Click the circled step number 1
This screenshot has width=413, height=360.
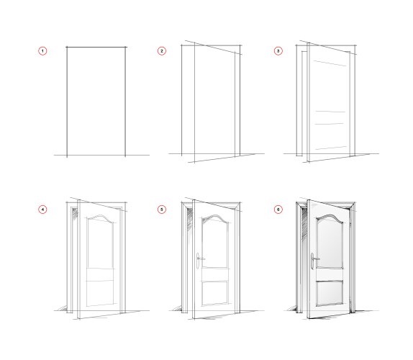pos(42,51)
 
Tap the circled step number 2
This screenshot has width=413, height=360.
pos(162,51)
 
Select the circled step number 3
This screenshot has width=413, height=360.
pos(278,51)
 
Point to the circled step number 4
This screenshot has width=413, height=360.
pos(42,210)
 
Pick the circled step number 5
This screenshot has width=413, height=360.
pos(162,210)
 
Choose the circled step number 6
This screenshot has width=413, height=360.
pos(278,210)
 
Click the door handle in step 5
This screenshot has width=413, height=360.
pos(199,261)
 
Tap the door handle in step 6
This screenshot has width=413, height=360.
pos(313,261)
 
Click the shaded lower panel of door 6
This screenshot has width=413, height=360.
pos(330,293)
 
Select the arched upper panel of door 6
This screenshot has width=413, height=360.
pos(330,242)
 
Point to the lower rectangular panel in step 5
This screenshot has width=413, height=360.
pos(215,294)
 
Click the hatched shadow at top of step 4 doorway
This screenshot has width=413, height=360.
pos(75,212)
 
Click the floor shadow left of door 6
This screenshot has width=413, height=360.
pos(292,308)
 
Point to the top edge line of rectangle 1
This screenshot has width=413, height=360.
pos(96,48)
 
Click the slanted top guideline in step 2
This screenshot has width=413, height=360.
pos(214,48)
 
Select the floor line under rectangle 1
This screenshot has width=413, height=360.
pos(101,155)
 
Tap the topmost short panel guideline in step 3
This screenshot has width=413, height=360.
pos(330,63)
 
